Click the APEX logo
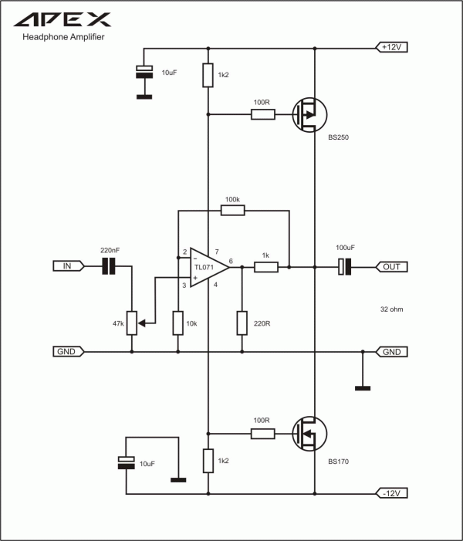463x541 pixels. pos(63,19)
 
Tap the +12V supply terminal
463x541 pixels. pos(391,47)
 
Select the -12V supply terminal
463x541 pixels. pos(391,493)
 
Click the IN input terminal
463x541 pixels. pos(69,266)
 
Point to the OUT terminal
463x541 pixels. pos(391,267)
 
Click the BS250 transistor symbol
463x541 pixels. pos(309,114)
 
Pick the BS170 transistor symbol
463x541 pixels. pos(309,434)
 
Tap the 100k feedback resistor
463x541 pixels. pos(233,210)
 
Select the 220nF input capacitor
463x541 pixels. pos(109,266)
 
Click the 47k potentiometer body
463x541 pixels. pos(132,323)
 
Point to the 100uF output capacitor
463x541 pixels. pos(344,267)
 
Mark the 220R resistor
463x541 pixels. pos(242,323)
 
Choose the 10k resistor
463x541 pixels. pos(178,323)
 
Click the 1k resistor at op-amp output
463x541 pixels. pos(266,267)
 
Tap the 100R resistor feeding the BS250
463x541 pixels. pos(263,114)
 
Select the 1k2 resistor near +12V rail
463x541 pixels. pos(208,75)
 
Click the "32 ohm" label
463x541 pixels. pos(391,309)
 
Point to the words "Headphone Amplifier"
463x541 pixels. pos(63,37)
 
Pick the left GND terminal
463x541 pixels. pos(69,351)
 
